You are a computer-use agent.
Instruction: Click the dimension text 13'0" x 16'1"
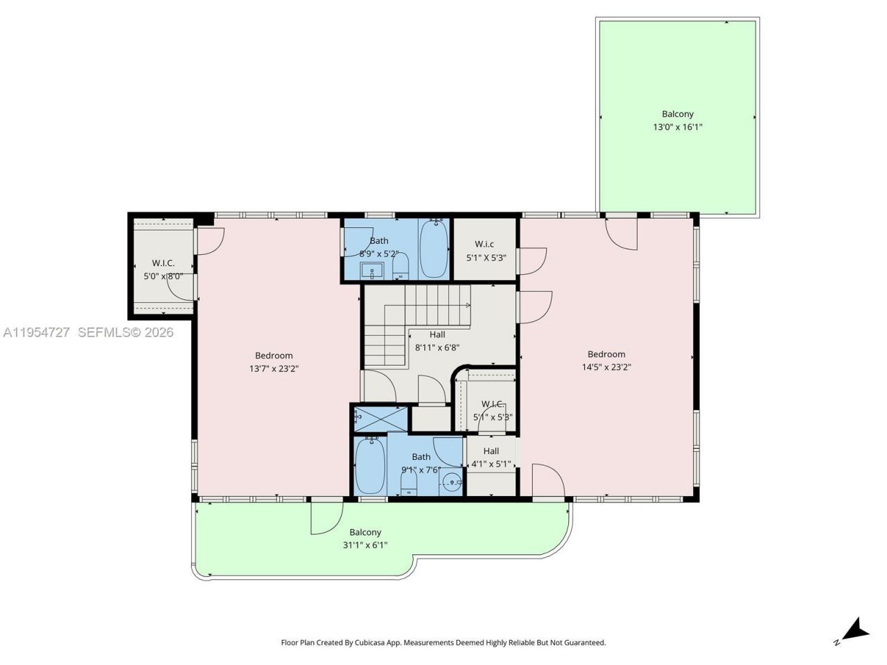tap(677, 127)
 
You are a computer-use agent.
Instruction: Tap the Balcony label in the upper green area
tap(677, 114)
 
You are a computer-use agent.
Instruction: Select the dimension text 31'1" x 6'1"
tap(365, 545)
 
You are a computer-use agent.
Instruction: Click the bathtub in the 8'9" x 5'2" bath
tap(434, 248)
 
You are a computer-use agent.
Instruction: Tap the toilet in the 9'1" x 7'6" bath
tap(408, 482)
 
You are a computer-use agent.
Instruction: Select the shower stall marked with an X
tap(380, 418)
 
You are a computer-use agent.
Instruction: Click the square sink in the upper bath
tap(372, 271)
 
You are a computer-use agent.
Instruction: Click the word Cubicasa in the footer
tap(371, 643)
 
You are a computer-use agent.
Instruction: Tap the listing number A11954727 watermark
tap(36, 332)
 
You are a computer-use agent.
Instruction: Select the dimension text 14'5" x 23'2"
tap(606, 367)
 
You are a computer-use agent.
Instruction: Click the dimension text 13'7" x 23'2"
tap(274, 369)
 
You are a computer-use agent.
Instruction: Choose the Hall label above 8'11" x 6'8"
tap(437, 335)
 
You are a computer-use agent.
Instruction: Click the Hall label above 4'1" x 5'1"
tap(491, 451)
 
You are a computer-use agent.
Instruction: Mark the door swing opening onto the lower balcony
tap(326, 517)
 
